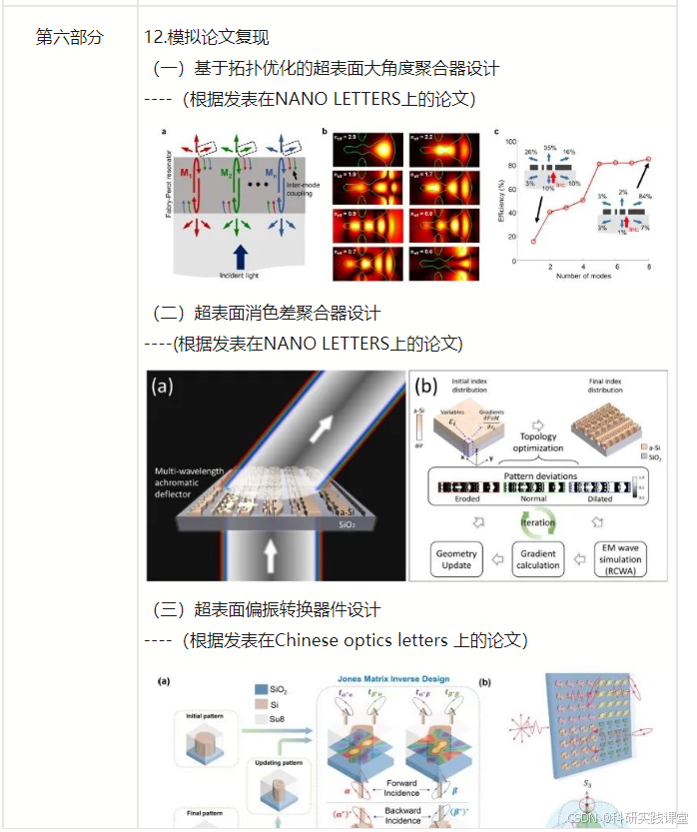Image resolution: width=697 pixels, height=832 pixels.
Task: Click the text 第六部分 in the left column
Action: pos(69,37)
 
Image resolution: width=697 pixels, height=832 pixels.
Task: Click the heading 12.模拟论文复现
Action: pos(206,37)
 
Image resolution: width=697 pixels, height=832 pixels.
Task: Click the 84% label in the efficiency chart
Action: pos(646,196)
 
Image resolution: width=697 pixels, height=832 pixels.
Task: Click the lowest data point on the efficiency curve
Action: pos(533,241)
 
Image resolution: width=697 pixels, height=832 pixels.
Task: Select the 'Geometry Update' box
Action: pos(456,559)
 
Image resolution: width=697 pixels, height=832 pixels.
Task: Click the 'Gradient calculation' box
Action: pos(537,559)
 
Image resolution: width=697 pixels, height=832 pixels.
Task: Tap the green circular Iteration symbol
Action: pos(537,521)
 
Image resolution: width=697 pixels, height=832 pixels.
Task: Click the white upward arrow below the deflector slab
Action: pos(269,554)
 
